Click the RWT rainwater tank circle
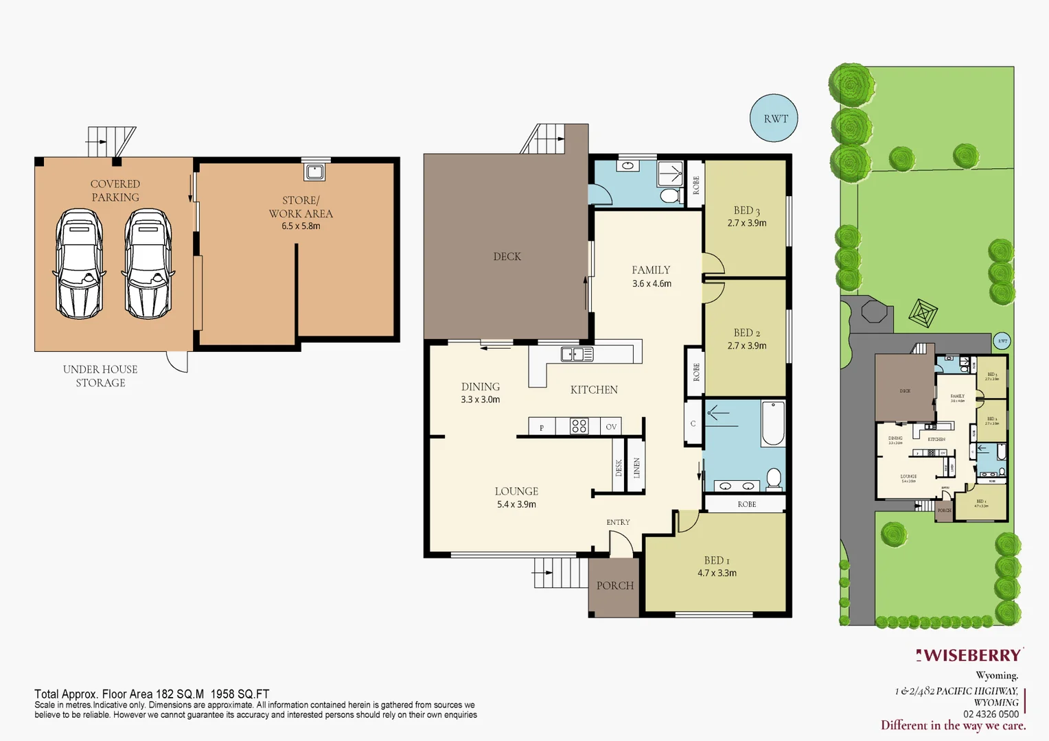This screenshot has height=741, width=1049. (774, 118)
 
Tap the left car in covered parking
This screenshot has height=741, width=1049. (79, 263)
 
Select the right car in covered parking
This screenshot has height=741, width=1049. (148, 263)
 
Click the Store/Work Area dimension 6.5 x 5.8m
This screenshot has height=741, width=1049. (301, 226)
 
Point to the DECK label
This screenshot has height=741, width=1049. (507, 257)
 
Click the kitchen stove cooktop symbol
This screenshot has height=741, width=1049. (579, 426)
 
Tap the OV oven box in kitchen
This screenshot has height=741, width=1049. (611, 427)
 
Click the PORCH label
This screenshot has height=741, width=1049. (614, 585)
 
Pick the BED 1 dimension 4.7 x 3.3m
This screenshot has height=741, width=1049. (717, 573)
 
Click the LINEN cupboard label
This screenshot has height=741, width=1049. (636, 467)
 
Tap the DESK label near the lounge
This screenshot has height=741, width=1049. (619, 467)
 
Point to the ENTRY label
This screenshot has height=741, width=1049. (618, 522)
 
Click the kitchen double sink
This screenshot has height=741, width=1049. (577, 354)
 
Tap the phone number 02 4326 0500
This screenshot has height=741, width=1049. (991, 714)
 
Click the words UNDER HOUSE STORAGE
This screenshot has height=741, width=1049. (100, 376)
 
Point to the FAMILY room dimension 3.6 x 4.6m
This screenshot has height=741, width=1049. (652, 283)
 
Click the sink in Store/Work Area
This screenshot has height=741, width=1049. (314, 171)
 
